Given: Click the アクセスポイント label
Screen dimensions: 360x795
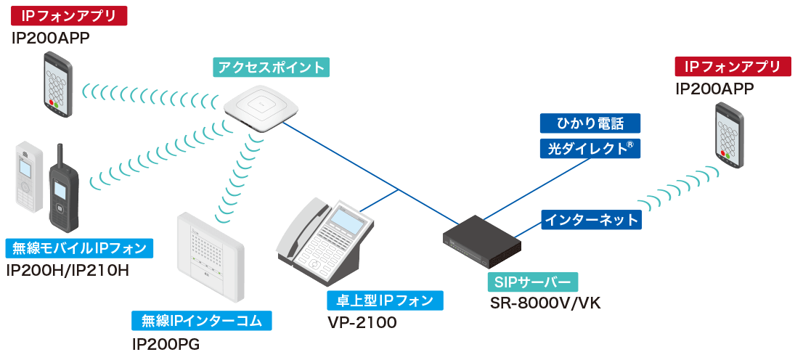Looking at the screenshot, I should [271, 68].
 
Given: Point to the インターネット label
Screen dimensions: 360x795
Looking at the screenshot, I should [592, 219].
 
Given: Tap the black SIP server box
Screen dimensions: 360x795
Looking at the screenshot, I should [482, 240].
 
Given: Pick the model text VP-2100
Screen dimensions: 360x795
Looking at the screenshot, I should [362, 322].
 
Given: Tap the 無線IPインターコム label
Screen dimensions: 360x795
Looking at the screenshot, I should [201, 321].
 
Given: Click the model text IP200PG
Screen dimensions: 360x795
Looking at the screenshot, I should [166, 343].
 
